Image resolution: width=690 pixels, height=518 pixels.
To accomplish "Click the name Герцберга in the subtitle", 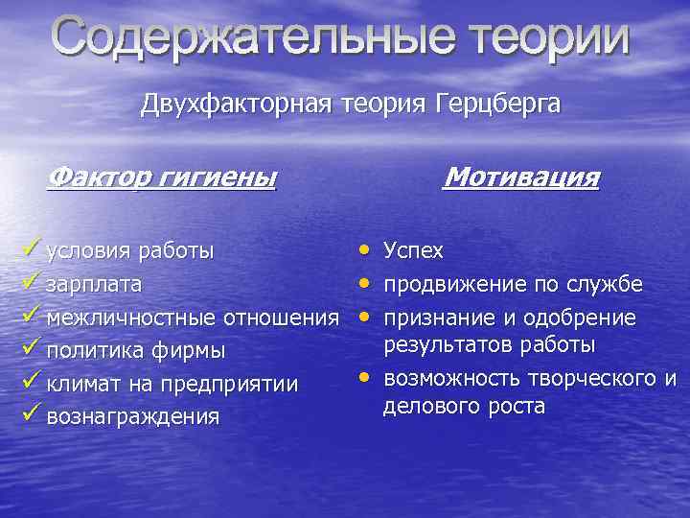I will (x=491, y=104).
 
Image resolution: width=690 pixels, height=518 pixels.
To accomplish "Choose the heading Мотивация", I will (x=522, y=177).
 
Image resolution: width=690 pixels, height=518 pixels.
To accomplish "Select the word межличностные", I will (x=132, y=317).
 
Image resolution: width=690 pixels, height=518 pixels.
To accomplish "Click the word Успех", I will (x=413, y=251).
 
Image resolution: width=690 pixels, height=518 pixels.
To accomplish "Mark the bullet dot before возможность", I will (x=365, y=376).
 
